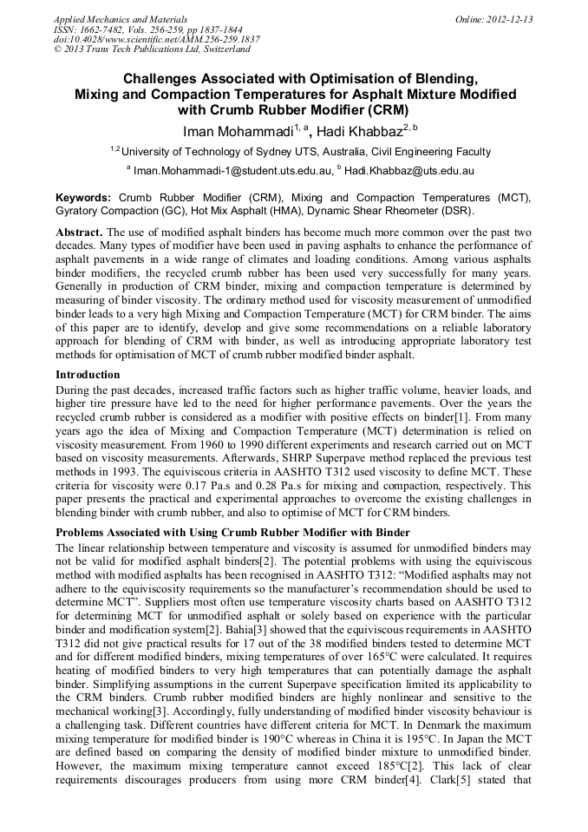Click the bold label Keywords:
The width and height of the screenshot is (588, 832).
pyautogui.click(x=83, y=198)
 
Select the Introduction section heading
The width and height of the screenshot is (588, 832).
pyautogui.click(x=88, y=375)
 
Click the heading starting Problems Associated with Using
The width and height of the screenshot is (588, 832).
pyautogui.click(x=232, y=532)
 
